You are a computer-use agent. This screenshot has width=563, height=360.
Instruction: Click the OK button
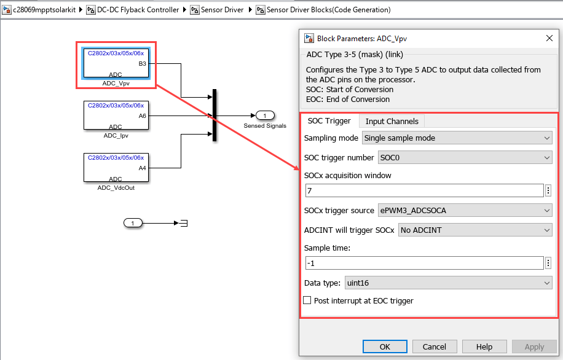pyautogui.click(x=385, y=346)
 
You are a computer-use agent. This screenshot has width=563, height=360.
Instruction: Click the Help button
pyautogui.click(x=484, y=346)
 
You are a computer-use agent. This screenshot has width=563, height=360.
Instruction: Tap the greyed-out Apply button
pyautogui.click(x=534, y=346)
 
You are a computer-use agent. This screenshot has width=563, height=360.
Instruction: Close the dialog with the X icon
pyautogui.click(x=549, y=38)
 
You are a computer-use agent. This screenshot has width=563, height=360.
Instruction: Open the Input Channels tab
pyautogui.click(x=392, y=121)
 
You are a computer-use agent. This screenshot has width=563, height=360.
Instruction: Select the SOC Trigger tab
pyautogui.click(x=329, y=121)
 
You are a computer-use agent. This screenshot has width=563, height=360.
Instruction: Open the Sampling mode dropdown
pyautogui.click(x=457, y=138)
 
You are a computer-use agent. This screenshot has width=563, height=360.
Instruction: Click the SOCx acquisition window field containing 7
pyautogui.click(x=425, y=190)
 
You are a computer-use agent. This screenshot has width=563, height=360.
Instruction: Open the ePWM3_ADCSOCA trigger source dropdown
pyautogui.click(x=465, y=210)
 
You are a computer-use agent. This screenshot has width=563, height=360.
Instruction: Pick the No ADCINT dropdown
pyautogui.click(x=475, y=230)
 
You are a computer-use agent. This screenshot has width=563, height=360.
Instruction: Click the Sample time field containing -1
pyautogui.click(x=425, y=263)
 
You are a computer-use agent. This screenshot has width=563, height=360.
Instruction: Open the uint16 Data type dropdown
pyautogui.click(x=449, y=283)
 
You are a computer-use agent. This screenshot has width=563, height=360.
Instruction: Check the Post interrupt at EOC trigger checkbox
pyautogui.click(x=307, y=300)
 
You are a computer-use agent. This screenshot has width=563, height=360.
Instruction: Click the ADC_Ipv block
pyautogui.click(x=116, y=115)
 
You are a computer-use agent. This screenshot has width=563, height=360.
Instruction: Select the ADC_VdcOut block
pyautogui.click(x=116, y=168)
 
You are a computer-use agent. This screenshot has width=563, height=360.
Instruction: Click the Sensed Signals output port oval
pyautogui.click(x=265, y=115)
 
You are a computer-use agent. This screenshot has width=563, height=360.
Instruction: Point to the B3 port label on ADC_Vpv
pyautogui.click(x=142, y=63)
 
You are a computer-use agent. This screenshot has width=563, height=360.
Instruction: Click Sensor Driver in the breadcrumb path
pyautogui.click(x=222, y=10)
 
